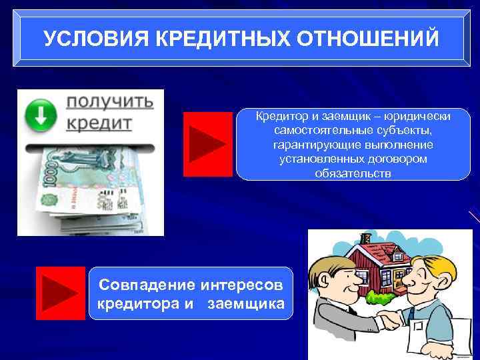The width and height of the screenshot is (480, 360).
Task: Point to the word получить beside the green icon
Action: coord(109,102)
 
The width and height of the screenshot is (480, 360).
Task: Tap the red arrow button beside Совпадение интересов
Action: coord(60,293)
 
